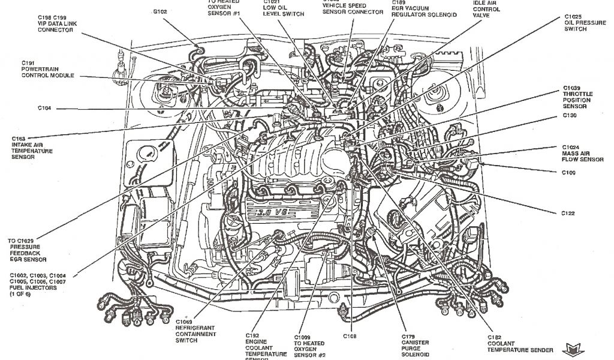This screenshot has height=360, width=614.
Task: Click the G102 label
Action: (159, 11)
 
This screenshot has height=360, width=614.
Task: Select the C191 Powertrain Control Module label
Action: (47, 69)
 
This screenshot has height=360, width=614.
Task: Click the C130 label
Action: (570, 115)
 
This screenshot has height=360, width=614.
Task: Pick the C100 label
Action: (569, 173)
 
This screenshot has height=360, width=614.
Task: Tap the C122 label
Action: (568, 213)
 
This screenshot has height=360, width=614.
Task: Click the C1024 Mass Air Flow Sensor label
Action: (582, 153)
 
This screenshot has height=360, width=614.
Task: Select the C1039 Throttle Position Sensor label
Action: (577, 97)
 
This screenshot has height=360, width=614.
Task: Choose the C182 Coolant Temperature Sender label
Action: (515, 344)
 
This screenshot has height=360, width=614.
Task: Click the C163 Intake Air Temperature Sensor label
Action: (31, 148)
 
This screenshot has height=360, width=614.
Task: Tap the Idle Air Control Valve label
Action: (486, 9)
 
